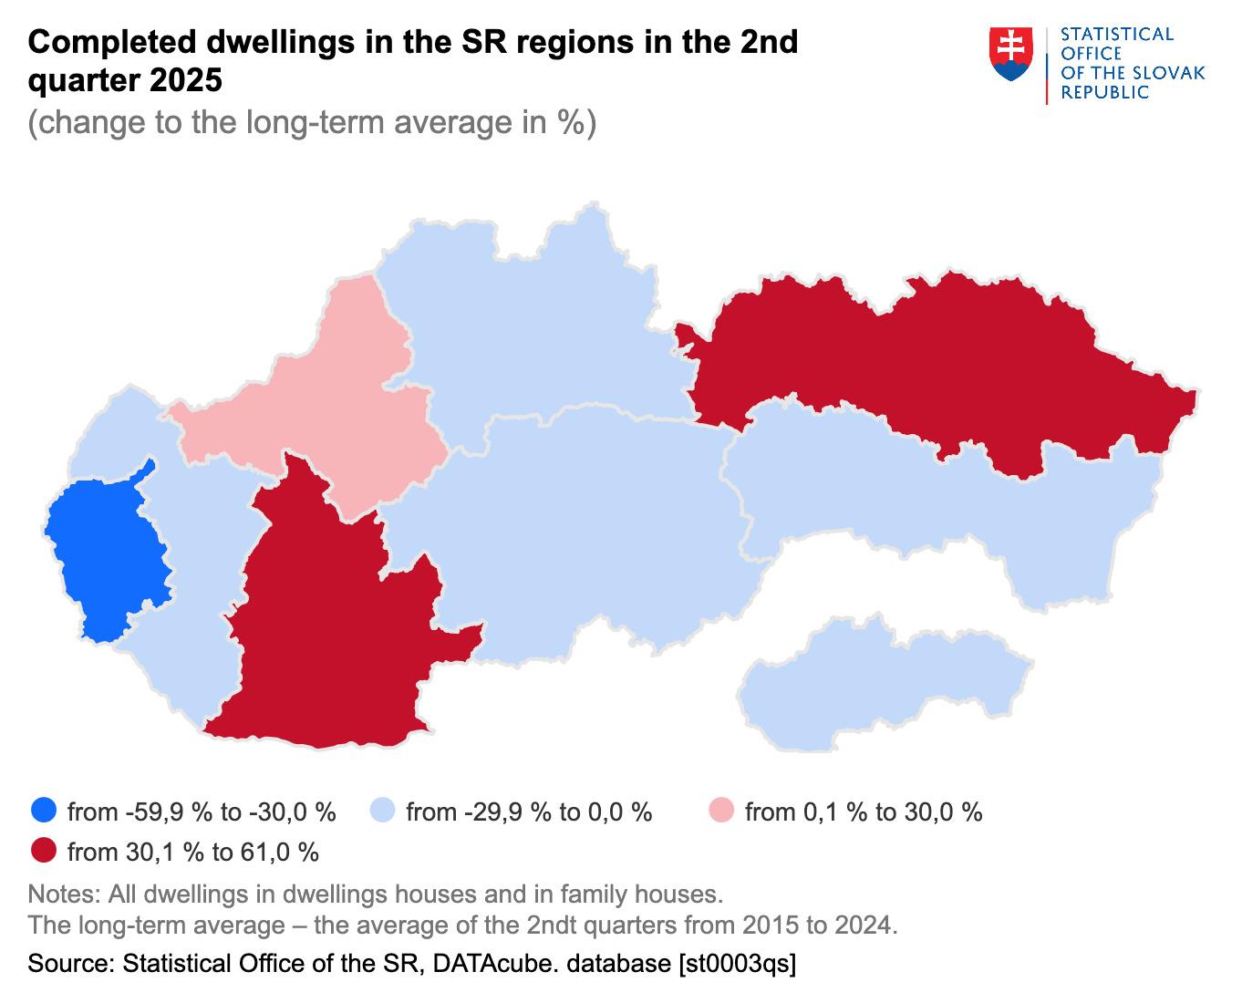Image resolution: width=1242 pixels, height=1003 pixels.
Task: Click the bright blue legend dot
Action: point(43,811)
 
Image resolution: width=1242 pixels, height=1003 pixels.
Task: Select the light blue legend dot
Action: point(382,811)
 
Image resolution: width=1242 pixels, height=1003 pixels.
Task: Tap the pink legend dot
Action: point(721,811)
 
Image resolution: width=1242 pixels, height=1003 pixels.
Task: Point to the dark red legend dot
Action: point(43,852)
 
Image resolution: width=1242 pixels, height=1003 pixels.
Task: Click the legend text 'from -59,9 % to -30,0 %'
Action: point(202,812)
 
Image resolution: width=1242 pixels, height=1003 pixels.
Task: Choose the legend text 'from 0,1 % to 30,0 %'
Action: point(864,812)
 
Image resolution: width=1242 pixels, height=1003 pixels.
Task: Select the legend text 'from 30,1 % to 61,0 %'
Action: point(193,853)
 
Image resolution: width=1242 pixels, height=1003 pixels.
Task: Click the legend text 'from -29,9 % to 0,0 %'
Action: point(529,812)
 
